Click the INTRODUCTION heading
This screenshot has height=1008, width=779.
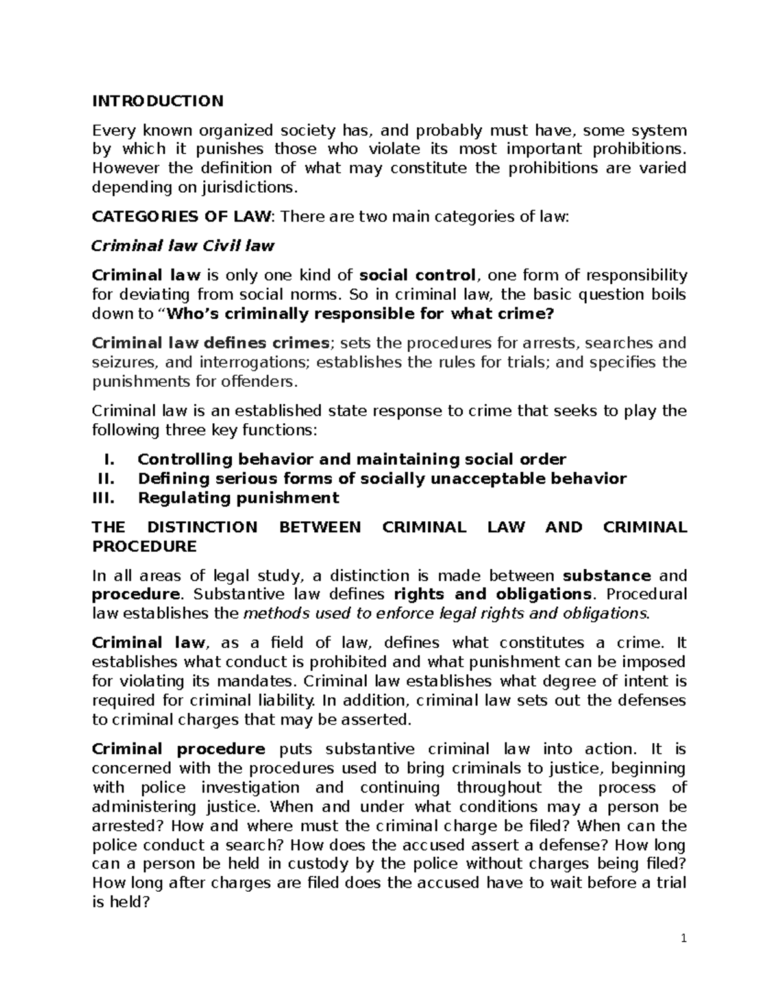[x=158, y=101]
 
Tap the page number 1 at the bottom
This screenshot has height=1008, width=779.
[x=684, y=939]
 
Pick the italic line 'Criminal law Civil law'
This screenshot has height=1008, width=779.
[x=183, y=246]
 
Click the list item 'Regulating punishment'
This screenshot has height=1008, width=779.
[x=238, y=498]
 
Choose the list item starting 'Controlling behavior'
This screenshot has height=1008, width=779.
[x=352, y=460]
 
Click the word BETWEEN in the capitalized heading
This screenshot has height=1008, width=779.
[x=319, y=527]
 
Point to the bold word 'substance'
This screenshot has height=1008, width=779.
[x=607, y=576]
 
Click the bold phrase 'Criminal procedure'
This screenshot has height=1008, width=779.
[x=179, y=749]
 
